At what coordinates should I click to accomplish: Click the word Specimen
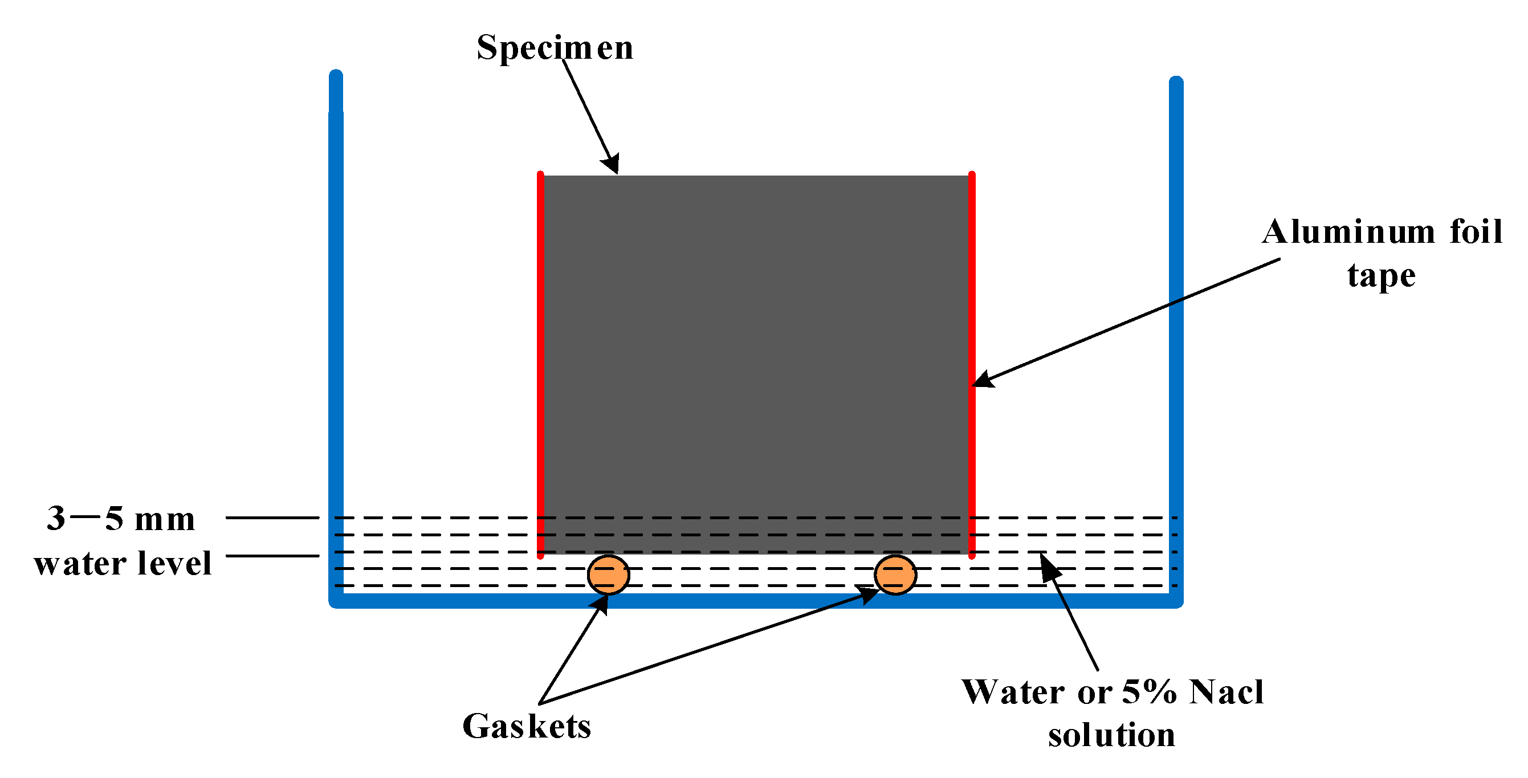[555, 47]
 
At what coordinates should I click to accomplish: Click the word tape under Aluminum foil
[1381, 276]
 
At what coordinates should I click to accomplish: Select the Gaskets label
[526, 726]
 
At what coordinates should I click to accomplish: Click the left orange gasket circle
[608, 575]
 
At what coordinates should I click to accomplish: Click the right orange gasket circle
[895, 575]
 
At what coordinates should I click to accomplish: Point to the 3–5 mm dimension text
[120, 519]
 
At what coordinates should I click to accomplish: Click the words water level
[122, 563]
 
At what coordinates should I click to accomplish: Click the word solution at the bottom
[1111, 735]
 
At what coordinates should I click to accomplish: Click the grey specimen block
[756, 356]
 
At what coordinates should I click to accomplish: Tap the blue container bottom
[756, 601]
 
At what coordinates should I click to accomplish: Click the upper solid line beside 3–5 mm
[272, 518]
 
